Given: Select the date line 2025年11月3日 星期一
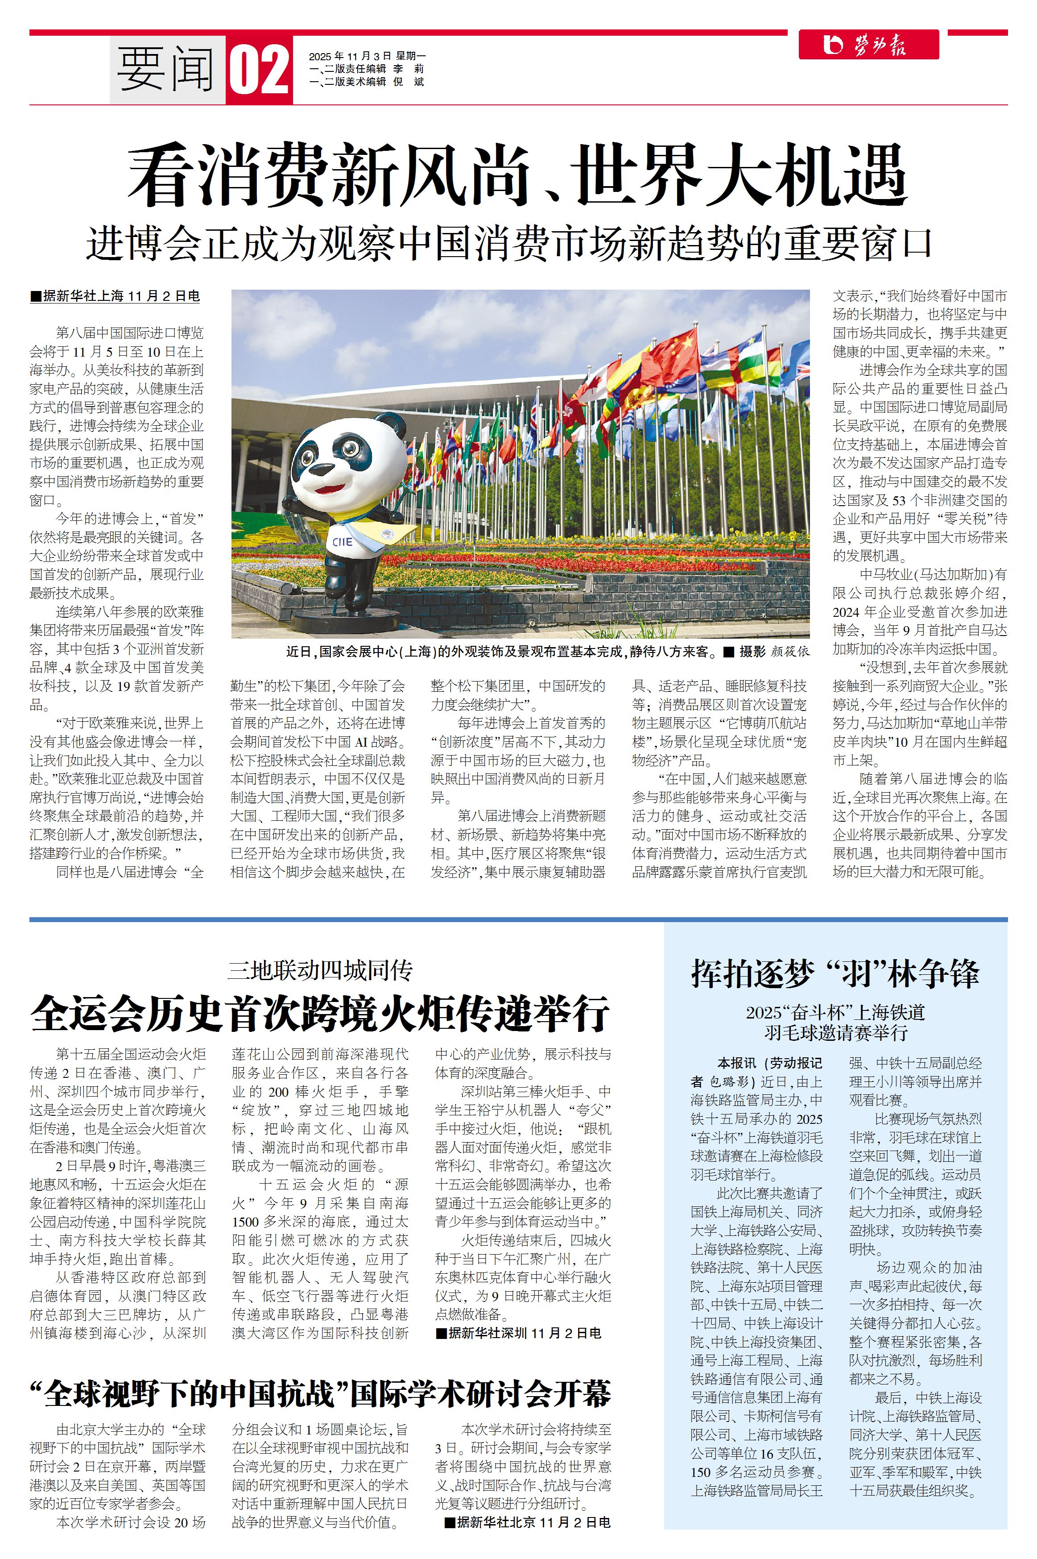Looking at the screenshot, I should [367, 56].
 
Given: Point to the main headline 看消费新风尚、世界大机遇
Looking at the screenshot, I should [517, 175].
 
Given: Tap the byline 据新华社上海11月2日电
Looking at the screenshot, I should [116, 296].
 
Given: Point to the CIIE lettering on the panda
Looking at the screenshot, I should [343, 541].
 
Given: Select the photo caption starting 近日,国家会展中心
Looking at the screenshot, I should [503, 652].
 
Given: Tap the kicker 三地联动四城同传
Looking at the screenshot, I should [320, 970].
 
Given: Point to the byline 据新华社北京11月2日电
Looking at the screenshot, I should [527, 1522].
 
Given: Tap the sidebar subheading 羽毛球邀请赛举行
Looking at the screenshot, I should [836, 1032].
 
